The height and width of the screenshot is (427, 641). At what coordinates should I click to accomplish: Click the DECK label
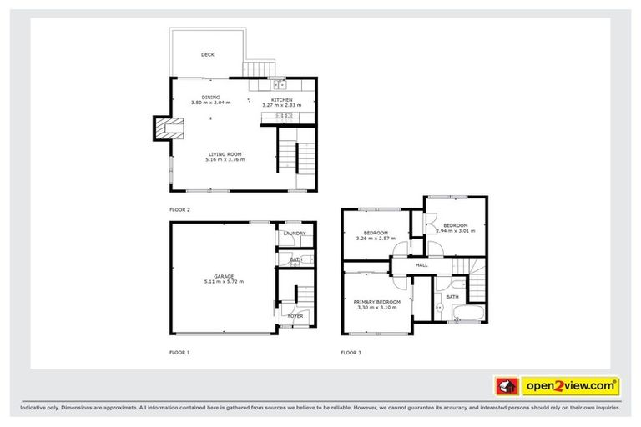[x=208, y=55]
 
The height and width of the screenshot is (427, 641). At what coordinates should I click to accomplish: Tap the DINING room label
[x=210, y=98]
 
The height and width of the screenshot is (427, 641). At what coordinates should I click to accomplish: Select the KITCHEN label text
[x=281, y=100]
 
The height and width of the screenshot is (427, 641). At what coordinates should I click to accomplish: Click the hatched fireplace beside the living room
[x=163, y=128]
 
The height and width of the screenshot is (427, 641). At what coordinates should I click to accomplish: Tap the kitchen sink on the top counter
[x=278, y=83]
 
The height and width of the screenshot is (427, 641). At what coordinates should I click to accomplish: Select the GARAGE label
[x=223, y=276]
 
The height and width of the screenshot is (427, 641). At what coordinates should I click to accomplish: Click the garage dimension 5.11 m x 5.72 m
[x=223, y=283]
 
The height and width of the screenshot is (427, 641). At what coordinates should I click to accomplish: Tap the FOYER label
[x=295, y=316]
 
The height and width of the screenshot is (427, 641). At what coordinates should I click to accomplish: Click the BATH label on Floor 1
[x=296, y=259]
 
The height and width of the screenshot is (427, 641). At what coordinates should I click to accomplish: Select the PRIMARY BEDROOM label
[x=377, y=302]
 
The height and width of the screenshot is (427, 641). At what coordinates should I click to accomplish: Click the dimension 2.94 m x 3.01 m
[x=455, y=231]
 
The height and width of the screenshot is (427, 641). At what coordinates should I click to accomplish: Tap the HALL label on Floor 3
[x=421, y=265]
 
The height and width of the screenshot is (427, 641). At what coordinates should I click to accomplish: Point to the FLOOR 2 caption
[x=179, y=210]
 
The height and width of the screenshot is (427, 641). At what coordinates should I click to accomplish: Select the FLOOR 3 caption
[x=351, y=353]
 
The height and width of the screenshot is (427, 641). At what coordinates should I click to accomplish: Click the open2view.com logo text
[x=570, y=386]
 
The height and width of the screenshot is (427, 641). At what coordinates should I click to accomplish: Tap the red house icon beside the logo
[x=507, y=386]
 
